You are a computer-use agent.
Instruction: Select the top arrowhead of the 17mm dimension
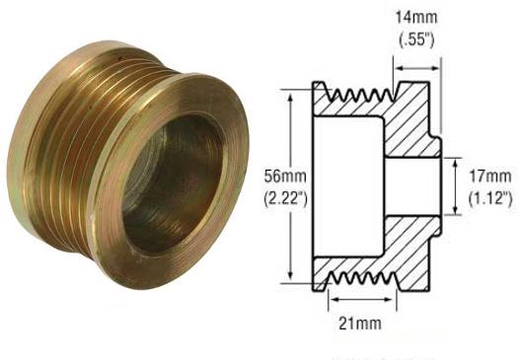point(456,160)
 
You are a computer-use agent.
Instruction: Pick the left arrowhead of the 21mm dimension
point(332,296)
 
